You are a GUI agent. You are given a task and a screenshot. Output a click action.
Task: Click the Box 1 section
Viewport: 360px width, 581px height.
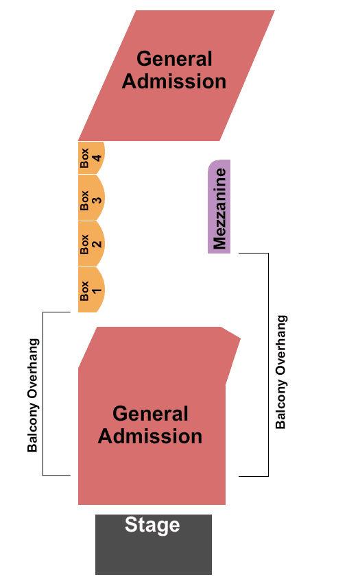[91, 290]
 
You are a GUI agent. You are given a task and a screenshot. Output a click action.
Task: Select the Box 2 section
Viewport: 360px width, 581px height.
[91, 244]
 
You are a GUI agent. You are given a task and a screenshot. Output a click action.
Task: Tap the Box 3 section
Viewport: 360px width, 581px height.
[91, 198]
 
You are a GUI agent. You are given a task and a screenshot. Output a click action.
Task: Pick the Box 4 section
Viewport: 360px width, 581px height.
[91, 158]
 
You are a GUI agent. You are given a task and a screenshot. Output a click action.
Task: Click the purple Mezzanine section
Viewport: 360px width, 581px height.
[219, 207]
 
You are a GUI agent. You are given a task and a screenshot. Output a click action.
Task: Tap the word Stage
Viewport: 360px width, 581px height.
[152, 525]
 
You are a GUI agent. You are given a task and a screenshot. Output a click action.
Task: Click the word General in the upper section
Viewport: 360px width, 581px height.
[174, 58]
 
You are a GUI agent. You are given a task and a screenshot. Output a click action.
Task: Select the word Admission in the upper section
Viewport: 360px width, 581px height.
[174, 81]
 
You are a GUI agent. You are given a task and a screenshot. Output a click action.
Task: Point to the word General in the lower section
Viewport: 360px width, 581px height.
[150, 413]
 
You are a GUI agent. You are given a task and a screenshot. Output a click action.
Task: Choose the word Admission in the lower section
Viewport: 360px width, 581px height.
[150, 436]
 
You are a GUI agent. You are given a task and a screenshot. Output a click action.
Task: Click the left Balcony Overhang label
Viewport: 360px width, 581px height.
[33, 395]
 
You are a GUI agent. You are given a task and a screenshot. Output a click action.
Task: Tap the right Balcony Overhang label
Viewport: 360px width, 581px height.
[281, 372]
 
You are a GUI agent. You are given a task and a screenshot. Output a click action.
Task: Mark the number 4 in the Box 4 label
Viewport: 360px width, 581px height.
[97, 158]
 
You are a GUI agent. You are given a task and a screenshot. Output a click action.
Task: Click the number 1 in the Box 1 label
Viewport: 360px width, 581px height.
[97, 290]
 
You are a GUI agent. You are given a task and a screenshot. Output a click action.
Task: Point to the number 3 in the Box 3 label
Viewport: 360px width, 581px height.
[97, 200]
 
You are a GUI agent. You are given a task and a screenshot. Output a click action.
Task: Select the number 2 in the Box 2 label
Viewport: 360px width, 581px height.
[97, 244]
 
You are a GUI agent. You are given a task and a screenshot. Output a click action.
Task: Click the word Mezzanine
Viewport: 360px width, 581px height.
[219, 208]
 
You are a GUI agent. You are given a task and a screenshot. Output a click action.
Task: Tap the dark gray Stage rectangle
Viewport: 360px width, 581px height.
[154, 544]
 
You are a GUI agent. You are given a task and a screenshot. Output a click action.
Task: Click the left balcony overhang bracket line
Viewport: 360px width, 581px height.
[43, 394]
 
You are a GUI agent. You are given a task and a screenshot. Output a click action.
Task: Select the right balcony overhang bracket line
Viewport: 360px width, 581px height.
[268, 364]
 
